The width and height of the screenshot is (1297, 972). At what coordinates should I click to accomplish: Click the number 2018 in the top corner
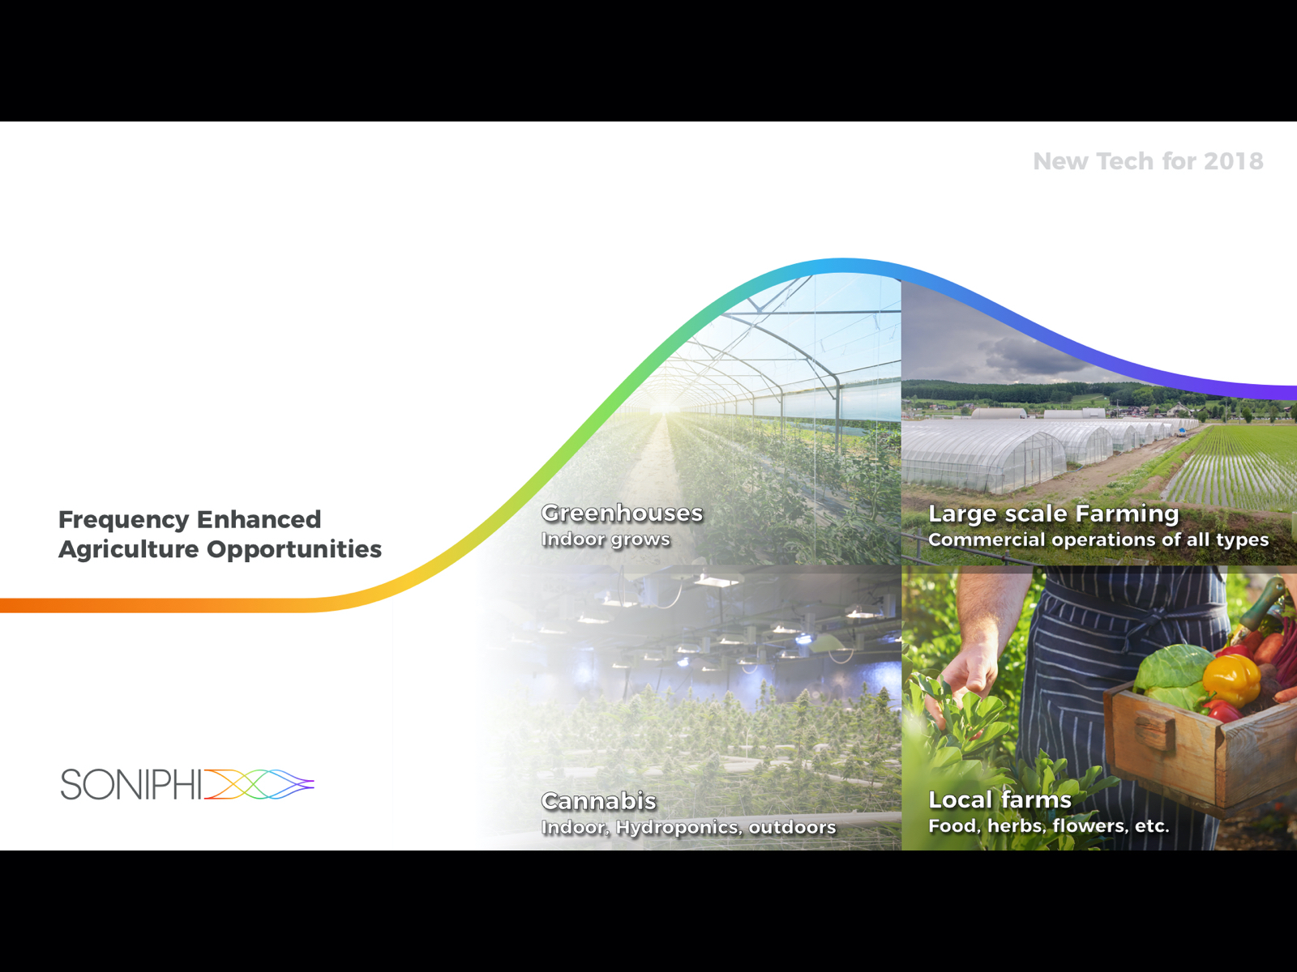pos(1233,161)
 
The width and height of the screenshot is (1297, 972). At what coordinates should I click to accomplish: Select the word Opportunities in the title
pos(293,550)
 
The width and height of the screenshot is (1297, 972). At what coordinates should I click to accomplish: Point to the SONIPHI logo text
pos(131,784)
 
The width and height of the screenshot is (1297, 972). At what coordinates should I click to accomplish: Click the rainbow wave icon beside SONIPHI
pos(259,784)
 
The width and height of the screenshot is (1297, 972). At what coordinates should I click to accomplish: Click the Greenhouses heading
pos(623,513)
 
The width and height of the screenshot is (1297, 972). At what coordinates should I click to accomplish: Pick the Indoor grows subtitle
pos(606,539)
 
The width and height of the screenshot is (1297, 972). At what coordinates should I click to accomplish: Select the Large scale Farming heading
pos(1054,514)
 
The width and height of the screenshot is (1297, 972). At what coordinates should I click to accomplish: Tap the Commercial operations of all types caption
pos(1098,540)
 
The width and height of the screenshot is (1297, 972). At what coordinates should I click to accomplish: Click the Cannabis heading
pos(598,801)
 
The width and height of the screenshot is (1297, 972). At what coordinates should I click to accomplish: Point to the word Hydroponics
pos(677,827)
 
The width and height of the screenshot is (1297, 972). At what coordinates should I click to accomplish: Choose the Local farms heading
pos(1000,799)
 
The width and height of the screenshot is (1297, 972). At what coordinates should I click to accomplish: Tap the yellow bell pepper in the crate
pos(1232,680)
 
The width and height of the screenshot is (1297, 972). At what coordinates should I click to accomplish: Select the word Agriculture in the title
pos(128,550)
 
